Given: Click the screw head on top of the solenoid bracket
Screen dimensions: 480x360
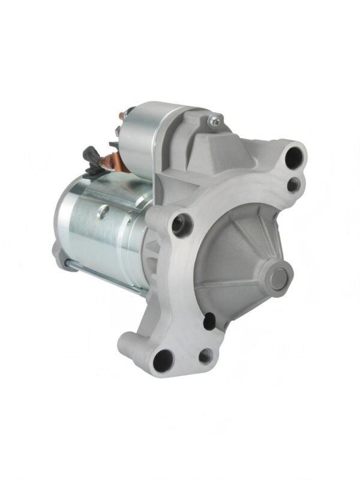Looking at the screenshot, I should pos(214,122).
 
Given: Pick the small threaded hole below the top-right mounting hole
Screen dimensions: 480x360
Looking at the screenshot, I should pos(293,185).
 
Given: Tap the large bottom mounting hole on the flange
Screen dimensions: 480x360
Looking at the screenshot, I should pos(163,360).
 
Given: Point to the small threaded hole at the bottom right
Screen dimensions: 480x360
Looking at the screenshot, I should pos(205,356).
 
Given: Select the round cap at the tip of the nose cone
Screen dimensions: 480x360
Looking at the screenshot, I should pos(278,278).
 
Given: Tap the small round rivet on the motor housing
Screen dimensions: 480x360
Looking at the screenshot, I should pos(103,211).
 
